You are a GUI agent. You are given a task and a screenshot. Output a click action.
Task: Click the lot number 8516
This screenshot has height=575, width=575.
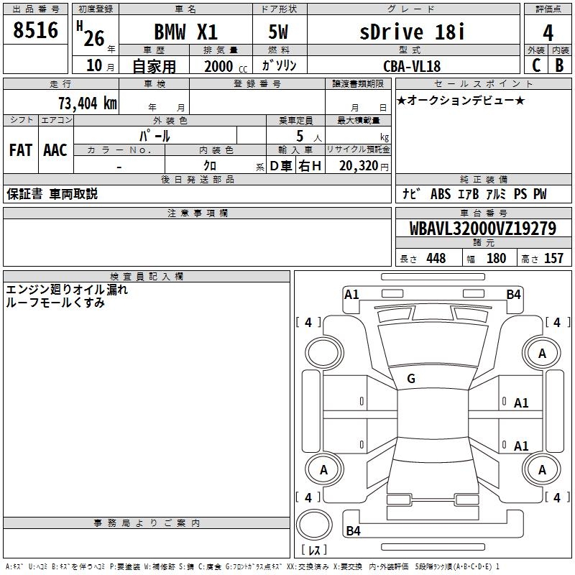click(x=36, y=31)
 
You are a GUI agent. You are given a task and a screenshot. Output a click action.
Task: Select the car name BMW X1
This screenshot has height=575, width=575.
click(x=186, y=32)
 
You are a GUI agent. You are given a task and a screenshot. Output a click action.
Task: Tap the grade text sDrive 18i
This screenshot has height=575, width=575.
click(x=413, y=32)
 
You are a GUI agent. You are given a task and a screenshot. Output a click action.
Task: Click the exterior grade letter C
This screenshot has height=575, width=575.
click(x=535, y=65)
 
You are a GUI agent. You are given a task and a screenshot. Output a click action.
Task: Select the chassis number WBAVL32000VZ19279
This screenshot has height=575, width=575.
click(x=483, y=229)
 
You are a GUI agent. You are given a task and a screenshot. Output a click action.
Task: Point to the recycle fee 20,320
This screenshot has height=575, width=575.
click(x=359, y=165)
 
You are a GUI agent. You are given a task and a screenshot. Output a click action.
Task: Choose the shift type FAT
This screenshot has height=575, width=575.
click(x=21, y=150)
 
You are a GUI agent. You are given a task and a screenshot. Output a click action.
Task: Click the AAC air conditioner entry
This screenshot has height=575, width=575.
click(x=55, y=150)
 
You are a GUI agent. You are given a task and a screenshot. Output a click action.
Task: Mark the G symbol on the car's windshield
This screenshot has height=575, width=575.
click(x=411, y=378)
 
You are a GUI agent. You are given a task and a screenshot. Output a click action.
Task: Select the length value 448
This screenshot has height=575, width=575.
click(x=436, y=259)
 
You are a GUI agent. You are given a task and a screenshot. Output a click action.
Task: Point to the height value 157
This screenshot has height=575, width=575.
click(x=553, y=259)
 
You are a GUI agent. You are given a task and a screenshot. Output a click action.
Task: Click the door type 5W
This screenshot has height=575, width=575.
click(x=280, y=32)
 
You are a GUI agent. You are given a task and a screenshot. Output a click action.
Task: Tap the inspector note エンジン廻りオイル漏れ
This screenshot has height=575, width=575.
click(x=67, y=290)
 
